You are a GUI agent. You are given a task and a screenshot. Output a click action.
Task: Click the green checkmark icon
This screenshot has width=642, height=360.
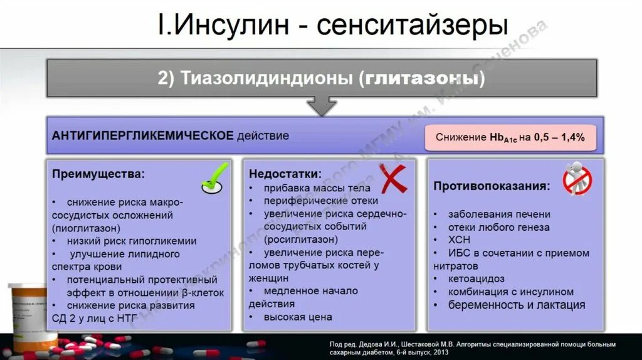click(215, 178)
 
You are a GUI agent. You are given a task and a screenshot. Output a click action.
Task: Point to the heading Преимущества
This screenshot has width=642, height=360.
click(98, 174)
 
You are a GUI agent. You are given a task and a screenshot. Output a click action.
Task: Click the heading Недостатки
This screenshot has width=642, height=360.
click(285, 174)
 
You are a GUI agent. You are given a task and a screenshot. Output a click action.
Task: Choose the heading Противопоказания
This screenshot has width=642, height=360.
click(492, 186)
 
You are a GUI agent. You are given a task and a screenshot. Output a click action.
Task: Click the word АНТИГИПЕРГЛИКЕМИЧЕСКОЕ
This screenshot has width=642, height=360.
click(142, 135)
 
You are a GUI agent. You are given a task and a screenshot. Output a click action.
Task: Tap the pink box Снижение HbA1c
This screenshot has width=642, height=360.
click(510, 137)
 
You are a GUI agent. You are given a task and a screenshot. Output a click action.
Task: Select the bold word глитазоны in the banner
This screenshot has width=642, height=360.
click(424, 78)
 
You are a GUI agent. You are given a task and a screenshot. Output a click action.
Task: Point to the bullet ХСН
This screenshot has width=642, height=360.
click(459, 240)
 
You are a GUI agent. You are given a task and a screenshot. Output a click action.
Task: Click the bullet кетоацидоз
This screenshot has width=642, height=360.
click(476, 278)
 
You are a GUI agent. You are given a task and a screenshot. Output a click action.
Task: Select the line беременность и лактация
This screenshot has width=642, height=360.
click(516, 305)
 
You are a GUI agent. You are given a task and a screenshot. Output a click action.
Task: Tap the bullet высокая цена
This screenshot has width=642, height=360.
click(298, 317)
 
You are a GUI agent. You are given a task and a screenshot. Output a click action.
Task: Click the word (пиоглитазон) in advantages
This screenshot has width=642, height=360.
click(86, 228)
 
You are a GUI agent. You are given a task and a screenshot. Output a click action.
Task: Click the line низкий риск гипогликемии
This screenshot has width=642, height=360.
click(132, 241)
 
